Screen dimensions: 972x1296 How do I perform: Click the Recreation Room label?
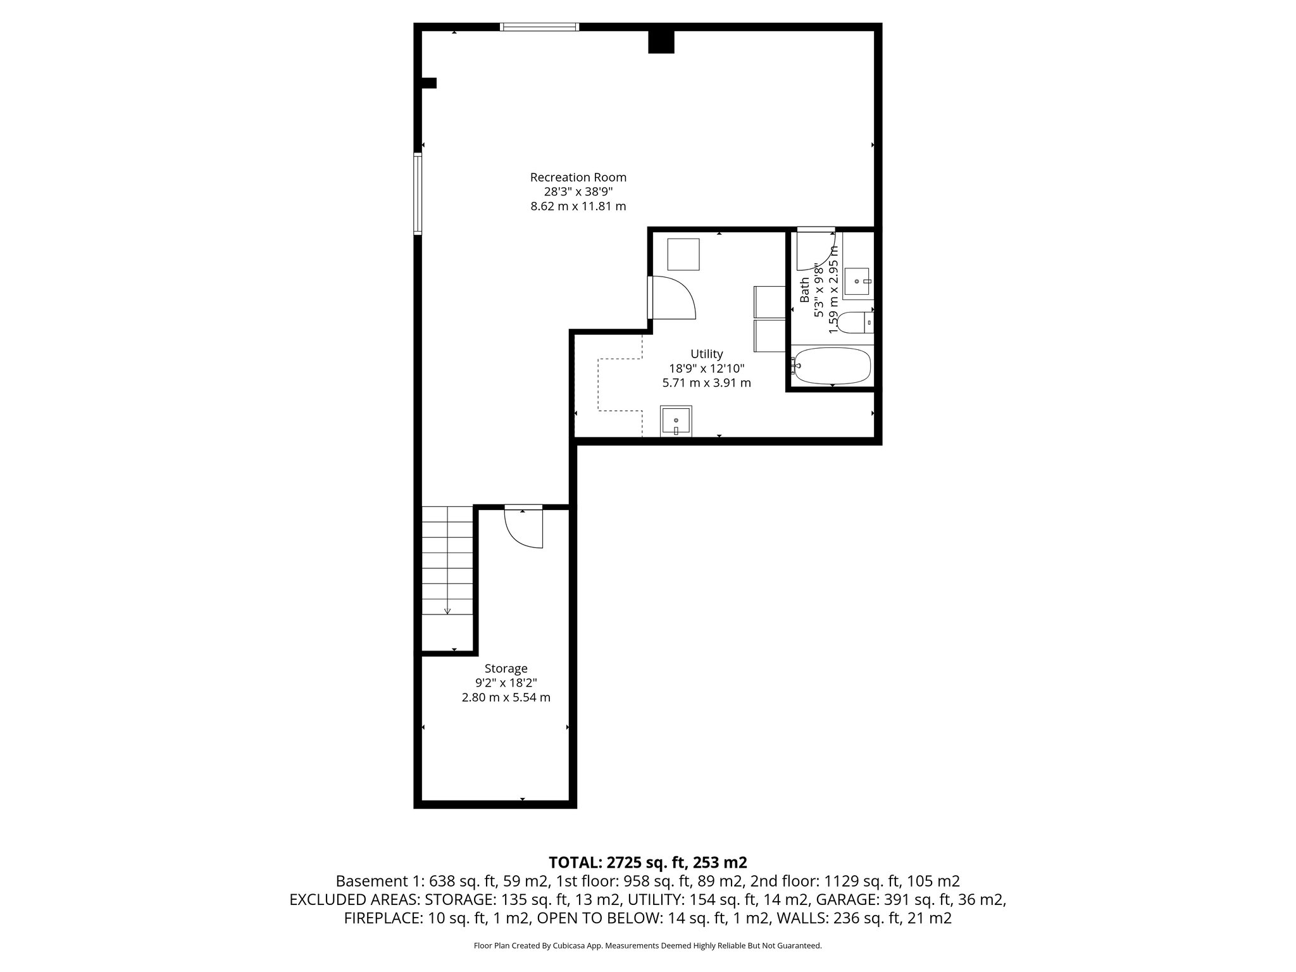click(x=578, y=177)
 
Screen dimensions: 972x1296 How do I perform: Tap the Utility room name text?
click(x=706, y=354)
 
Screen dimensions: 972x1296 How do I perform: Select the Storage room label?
click(x=506, y=668)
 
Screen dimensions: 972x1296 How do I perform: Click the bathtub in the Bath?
click(x=832, y=366)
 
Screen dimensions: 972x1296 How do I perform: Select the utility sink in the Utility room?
click(x=676, y=421)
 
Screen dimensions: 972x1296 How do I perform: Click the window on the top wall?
click(x=539, y=27)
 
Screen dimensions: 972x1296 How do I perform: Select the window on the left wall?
click(x=418, y=194)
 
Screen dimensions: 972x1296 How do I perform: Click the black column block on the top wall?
click(x=661, y=42)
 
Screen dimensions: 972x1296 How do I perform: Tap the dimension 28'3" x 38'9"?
click(x=578, y=192)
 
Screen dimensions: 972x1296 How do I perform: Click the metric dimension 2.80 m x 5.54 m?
click(x=506, y=697)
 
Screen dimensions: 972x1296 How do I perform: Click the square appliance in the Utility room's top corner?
click(x=683, y=254)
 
